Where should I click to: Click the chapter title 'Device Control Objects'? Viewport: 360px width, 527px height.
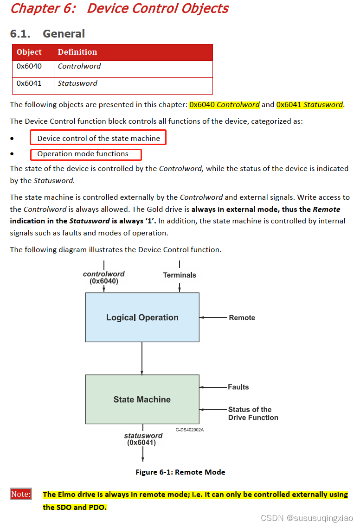(x=158, y=8)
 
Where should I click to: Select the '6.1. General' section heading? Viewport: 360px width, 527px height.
(x=47, y=34)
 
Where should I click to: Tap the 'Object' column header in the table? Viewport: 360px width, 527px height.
(x=29, y=52)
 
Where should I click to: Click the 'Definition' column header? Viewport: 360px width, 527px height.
(x=77, y=52)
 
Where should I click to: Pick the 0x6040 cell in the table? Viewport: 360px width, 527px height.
(x=29, y=66)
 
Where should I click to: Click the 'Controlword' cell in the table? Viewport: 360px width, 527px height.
(x=79, y=66)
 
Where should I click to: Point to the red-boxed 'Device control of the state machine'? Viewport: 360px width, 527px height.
(x=98, y=138)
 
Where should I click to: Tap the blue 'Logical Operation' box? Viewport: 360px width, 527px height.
(x=142, y=317)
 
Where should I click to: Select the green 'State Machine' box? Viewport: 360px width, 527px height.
(x=142, y=399)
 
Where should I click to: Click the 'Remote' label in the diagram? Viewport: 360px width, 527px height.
(x=242, y=317)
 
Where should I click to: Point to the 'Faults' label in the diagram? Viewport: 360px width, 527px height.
(x=238, y=387)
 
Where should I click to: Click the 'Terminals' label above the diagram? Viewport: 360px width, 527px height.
(x=180, y=275)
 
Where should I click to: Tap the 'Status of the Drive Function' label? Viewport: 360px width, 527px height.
(x=253, y=413)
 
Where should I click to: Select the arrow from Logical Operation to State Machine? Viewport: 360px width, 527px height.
(x=142, y=358)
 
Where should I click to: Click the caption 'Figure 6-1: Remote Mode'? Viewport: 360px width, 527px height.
(x=180, y=472)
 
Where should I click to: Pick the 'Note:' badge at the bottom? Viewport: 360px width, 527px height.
(x=21, y=494)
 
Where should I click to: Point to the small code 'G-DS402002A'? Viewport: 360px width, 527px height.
(x=189, y=430)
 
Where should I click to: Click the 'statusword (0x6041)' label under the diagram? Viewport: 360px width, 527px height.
(x=143, y=439)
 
